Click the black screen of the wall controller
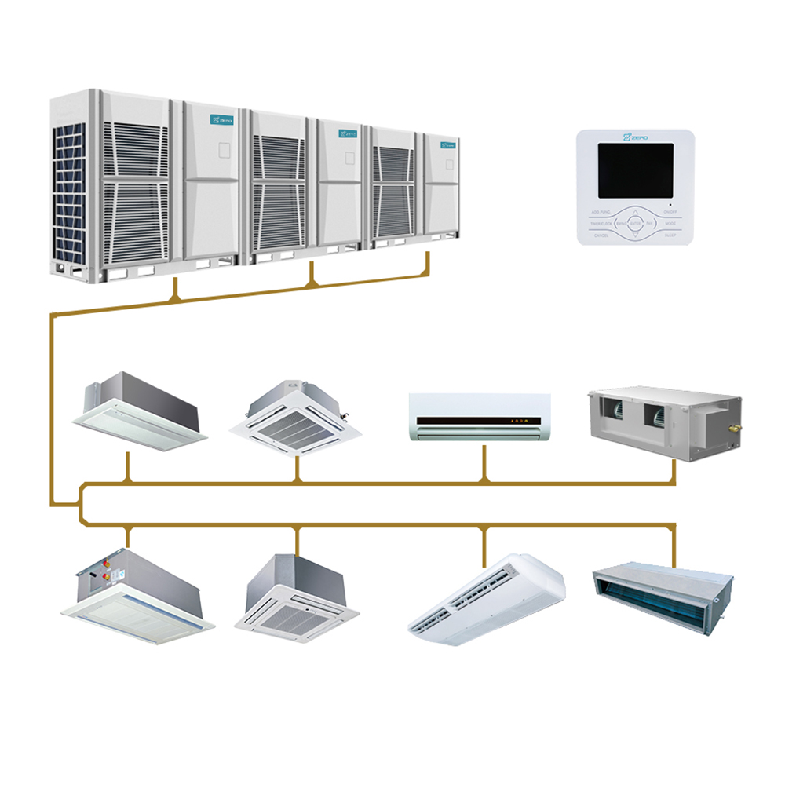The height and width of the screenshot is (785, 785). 636,170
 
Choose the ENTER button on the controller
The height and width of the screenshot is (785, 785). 636,223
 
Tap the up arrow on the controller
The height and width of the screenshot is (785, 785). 636,211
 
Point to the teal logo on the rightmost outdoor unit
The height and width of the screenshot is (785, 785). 448,144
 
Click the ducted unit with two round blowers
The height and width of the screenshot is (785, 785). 663,424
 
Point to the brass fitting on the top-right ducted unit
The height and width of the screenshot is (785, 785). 736,428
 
